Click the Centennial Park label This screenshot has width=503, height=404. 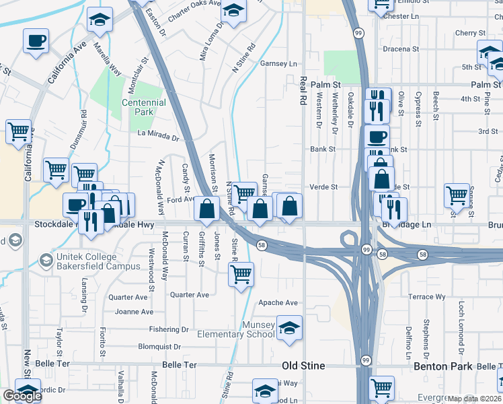tap(143, 108)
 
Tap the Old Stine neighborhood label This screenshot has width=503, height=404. tap(303, 366)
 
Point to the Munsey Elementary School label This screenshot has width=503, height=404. tap(235, 329)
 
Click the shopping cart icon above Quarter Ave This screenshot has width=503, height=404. tap(241, 273)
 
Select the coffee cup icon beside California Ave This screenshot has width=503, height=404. tap(36, 41)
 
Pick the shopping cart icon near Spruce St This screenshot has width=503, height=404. tap(457, 195)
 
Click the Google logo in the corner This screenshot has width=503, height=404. tap(22, 396)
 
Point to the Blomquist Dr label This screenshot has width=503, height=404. tap(160, 347)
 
